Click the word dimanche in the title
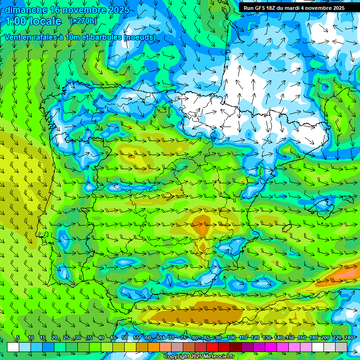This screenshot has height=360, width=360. (25, 10)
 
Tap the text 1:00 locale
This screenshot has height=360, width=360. (33, 21)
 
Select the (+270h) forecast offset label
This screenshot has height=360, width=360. (83, 21)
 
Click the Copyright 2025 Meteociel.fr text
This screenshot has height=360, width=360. (199, 357)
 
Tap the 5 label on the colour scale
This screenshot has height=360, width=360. (18, 338)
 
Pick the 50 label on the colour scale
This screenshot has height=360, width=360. (125, 338)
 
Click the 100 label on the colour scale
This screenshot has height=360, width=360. (231, 338)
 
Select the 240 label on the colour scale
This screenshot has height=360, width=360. (349, 338)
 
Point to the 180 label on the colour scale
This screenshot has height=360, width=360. (313, 338)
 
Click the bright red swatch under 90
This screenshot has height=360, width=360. (212, 347)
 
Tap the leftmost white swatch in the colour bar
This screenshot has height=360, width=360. (13, 347)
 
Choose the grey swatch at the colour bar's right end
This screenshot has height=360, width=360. (341, 347)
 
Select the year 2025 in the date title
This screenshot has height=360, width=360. (117, 10)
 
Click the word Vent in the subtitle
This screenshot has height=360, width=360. (14, 37)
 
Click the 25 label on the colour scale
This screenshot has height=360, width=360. (66, 338)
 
